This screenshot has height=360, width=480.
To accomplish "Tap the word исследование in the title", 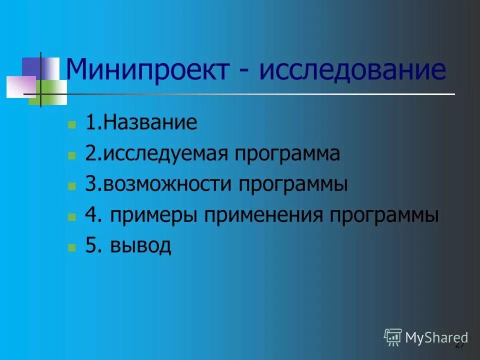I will pyautogui.click(x=352, y=69).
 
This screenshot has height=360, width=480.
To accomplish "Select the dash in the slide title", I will pyautogui.click(x=244, y=71).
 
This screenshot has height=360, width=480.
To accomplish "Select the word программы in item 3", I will pyautogui.click(x=292, y=185).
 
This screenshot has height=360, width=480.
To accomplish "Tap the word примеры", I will pyautogui.click(x=154, y=216).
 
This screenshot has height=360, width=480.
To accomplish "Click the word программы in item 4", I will pyautogui.click(x=384, y=216).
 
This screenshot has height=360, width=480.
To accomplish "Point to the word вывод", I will pyautogui.click(x=141, y=246).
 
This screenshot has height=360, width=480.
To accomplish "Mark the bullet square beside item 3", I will pyautogui.click(x=72, y=186).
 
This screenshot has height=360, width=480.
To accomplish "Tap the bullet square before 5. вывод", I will pyautogui.click(x=72, y=247).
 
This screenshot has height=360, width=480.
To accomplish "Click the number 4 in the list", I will pyautogui.click(x=91, y=215).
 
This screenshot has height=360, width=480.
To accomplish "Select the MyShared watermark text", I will pyautogui.click(x=436, y=337).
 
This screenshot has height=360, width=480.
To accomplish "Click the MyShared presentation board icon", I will pyautogui.click(x=393, y=337).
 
